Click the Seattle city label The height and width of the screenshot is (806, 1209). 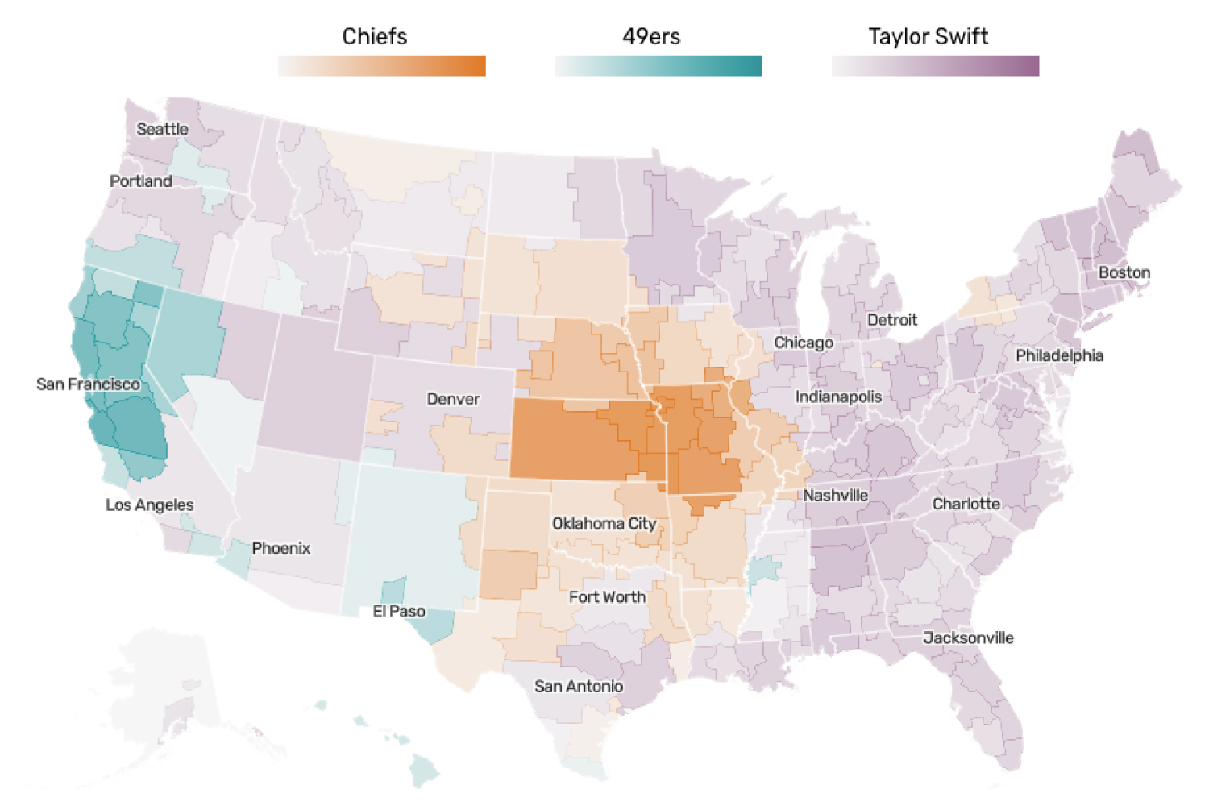coord(162,129)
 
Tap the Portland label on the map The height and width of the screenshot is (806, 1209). coord(141,181)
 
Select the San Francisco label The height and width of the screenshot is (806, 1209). coord(88,384)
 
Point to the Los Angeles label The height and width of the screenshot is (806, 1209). coord(150,505)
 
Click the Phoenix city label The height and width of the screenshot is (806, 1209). coord(280,548)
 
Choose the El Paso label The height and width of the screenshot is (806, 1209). coord(399,612)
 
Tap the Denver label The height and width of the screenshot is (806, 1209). coord(453,399)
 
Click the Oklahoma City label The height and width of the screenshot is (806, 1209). coord(604,524)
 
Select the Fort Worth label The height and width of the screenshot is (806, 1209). coord(607,597)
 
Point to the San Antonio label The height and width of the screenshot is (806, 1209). coord(579,687)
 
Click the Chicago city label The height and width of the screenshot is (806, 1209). coord(804,343)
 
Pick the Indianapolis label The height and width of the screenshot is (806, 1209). coord(838,397)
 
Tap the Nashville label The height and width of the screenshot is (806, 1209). coord(835,496)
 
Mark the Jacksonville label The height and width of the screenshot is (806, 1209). coord(968,638)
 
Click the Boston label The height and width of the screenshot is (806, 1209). coord(1124,272)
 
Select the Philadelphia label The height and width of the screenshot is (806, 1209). coord(1059,355)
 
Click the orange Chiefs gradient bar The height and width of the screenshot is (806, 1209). coord(382,66)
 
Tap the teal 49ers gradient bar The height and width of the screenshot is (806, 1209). coord(659,66)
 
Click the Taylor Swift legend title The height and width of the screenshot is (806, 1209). coord(928,36)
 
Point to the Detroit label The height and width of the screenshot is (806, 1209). coord(892,320)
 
